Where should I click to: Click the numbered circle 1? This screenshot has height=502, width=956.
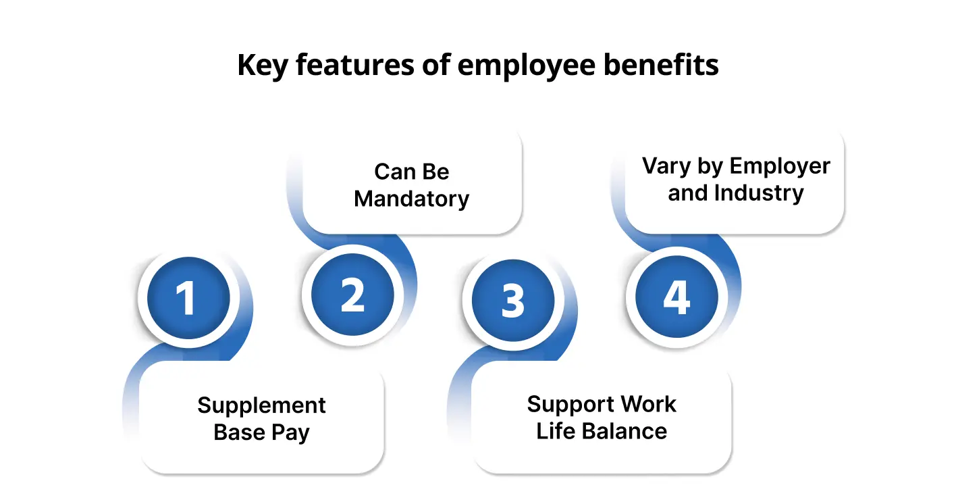tap(184, 298)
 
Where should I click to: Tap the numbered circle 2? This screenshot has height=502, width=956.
tap(352, 296)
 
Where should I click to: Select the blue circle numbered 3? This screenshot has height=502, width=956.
tap(513, 299)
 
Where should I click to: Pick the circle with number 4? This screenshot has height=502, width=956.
tap(676, 297)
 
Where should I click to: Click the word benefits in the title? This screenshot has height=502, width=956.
tap(666, 66)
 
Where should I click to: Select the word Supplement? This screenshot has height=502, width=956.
tap(261, 405)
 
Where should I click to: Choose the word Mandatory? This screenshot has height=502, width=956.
tap(411, 199)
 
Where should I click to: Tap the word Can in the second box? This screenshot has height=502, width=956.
tap(394, 172)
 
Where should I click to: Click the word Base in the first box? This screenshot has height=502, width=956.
tap(238, 432)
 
